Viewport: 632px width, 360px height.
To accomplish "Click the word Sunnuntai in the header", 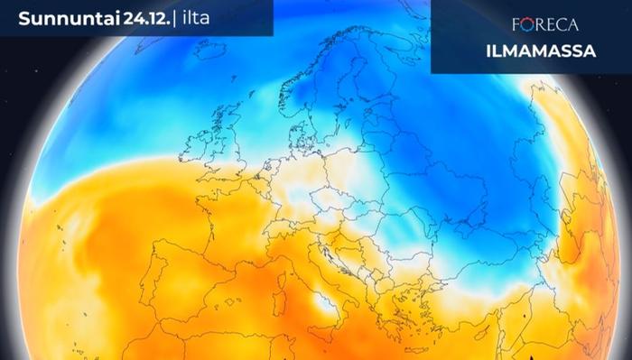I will pyautogui.click(x=61, y=17).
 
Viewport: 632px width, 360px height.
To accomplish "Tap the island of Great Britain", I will pyautogui.click(x=237, y=149).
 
